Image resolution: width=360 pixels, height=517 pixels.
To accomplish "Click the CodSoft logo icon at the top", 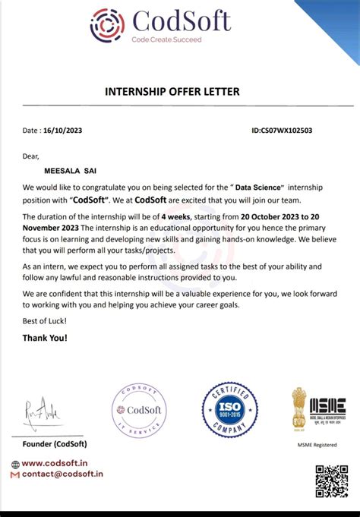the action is (x=107, y=24).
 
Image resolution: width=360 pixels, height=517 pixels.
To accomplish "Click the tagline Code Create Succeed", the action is (x=166, y=39).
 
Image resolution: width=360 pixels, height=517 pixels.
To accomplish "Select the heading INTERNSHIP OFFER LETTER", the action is (x=179, y=92).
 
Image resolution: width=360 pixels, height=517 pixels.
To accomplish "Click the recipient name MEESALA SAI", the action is (x=61, y=171).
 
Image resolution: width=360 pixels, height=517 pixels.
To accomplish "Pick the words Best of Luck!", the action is (x=45, y=322).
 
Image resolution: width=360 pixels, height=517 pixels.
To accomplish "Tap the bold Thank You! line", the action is (x=45, y=337).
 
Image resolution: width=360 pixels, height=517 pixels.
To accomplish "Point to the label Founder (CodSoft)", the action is (x=55, y=443).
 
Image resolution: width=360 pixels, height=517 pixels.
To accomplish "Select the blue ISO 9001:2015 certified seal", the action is (x=229, y=410).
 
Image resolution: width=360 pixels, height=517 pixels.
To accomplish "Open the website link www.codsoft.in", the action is (x=60, y=464).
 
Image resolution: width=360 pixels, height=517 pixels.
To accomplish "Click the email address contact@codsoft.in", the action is (x=62, y=474).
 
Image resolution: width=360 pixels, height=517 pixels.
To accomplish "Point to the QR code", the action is (x=331, y=481).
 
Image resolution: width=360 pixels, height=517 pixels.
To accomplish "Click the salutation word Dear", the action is (x=30, y=156).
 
